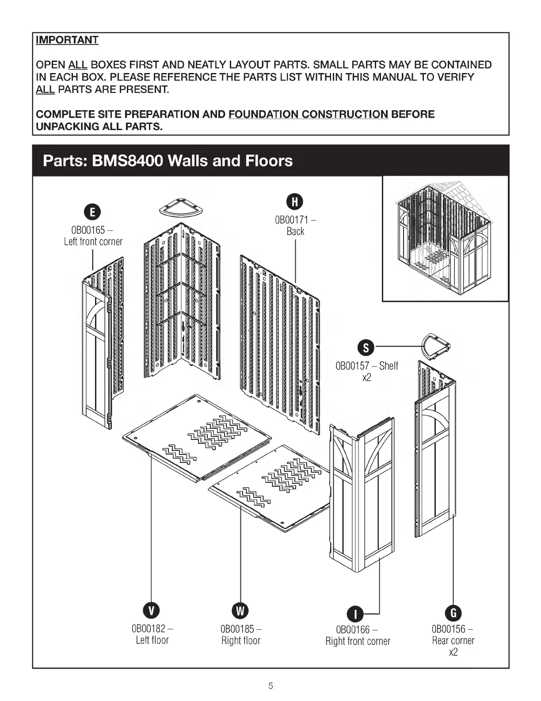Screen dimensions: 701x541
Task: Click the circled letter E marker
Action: [x=92, y=212]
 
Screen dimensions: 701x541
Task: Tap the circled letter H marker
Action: [x=295, y=202]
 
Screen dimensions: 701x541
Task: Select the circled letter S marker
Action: [x=366, y=348]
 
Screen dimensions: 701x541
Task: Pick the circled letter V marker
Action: [x=151, y=611]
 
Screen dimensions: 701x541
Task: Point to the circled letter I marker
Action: [x=357, y=614]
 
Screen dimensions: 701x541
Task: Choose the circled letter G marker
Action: [x=453, y=613]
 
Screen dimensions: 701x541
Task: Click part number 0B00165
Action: [x=88, y=230]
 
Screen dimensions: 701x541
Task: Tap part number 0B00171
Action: [x=292, y=220]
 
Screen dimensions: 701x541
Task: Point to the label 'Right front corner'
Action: [x=358, y=641]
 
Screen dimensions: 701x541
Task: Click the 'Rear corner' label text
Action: [x=453, y=640]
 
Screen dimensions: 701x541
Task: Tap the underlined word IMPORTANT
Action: [x=67, y=40]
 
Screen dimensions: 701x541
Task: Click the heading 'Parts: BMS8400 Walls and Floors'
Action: [x=168, y=160]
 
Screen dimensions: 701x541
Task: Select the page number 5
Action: [x=270, y=686]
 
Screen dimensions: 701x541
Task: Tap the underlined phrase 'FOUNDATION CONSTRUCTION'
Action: [x=308, y=115]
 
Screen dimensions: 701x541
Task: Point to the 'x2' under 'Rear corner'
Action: [x=453, y=652]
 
